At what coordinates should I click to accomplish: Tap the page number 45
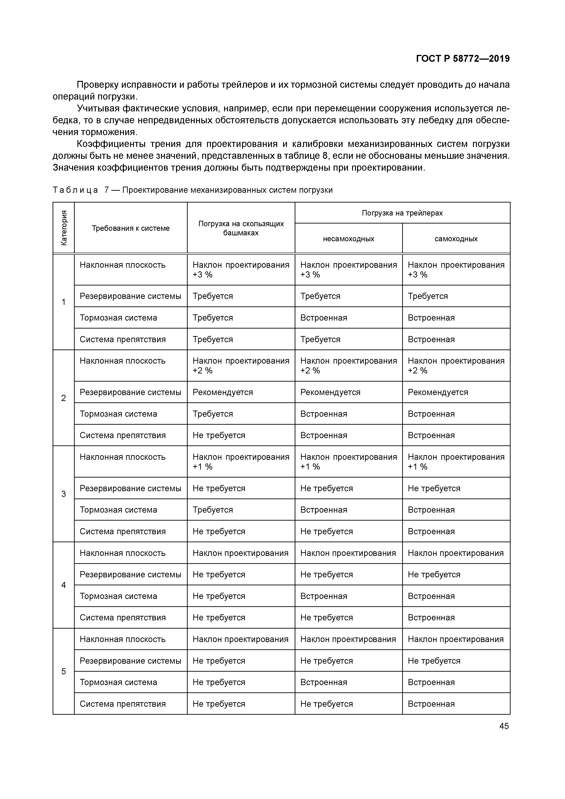[x=504, y=726]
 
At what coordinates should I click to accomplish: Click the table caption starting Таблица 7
[x=192, y=190]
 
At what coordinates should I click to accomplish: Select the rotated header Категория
[x=64, y=228]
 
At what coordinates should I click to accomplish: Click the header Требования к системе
[x=130, y=228]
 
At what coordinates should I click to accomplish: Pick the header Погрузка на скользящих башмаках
[x=241, y=228]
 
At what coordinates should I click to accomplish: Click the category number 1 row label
[x=64, y=302]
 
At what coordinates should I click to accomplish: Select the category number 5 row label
[x=64, y=671]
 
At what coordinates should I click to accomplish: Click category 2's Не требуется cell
[x=219, y=435]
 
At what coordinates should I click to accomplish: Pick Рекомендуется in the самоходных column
[x=438, y=392]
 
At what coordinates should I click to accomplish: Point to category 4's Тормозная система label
[x=118, y=596]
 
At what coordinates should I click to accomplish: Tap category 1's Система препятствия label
[x=123, y=339]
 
